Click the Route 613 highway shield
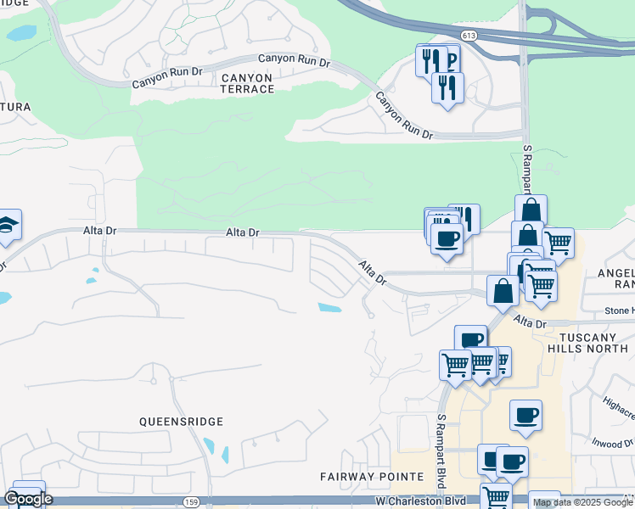469,35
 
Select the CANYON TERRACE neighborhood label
247,83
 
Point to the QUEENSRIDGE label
183,422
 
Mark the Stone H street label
620,311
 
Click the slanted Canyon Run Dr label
404,116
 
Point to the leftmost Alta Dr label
99,231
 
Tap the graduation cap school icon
8,226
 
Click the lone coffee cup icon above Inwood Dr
526,415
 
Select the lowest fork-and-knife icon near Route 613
447,87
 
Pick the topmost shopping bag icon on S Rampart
531,210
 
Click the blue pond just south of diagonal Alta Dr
329,307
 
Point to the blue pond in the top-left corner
20,33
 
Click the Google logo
28,499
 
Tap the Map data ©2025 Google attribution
582,502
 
